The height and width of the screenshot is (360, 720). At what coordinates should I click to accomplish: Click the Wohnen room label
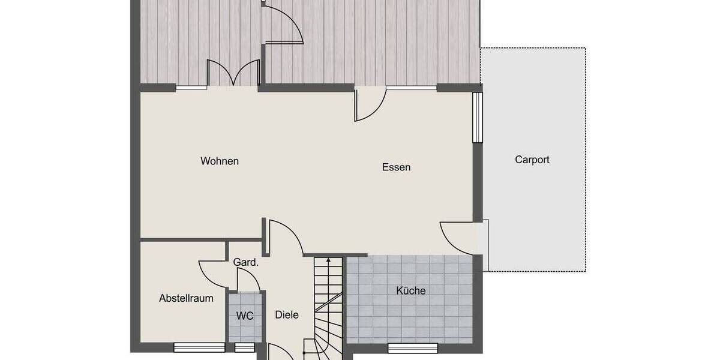(220, 161)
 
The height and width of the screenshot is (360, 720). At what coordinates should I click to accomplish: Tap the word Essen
(396, 167)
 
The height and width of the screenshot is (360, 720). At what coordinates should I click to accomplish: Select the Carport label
(532, 160)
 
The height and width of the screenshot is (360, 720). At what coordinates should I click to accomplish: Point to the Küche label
(410, 291)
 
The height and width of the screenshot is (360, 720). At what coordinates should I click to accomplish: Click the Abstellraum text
(186, 298)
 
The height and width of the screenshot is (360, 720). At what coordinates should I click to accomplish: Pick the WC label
(245, 316)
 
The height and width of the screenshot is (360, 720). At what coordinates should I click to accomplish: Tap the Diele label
(286, 314)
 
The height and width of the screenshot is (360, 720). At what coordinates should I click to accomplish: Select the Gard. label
(245, 262)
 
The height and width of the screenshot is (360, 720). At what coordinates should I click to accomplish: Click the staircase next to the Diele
(327, 300)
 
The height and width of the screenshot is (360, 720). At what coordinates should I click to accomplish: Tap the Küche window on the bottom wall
(412, 347)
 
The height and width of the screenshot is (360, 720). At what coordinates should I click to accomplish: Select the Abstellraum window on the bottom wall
(199, 347)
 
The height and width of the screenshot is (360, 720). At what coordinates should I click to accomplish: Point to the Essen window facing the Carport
(477, 117)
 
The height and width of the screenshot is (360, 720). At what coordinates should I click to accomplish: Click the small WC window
(244, 347)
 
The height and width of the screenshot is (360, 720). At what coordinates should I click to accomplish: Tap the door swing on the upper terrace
(283, 24)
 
